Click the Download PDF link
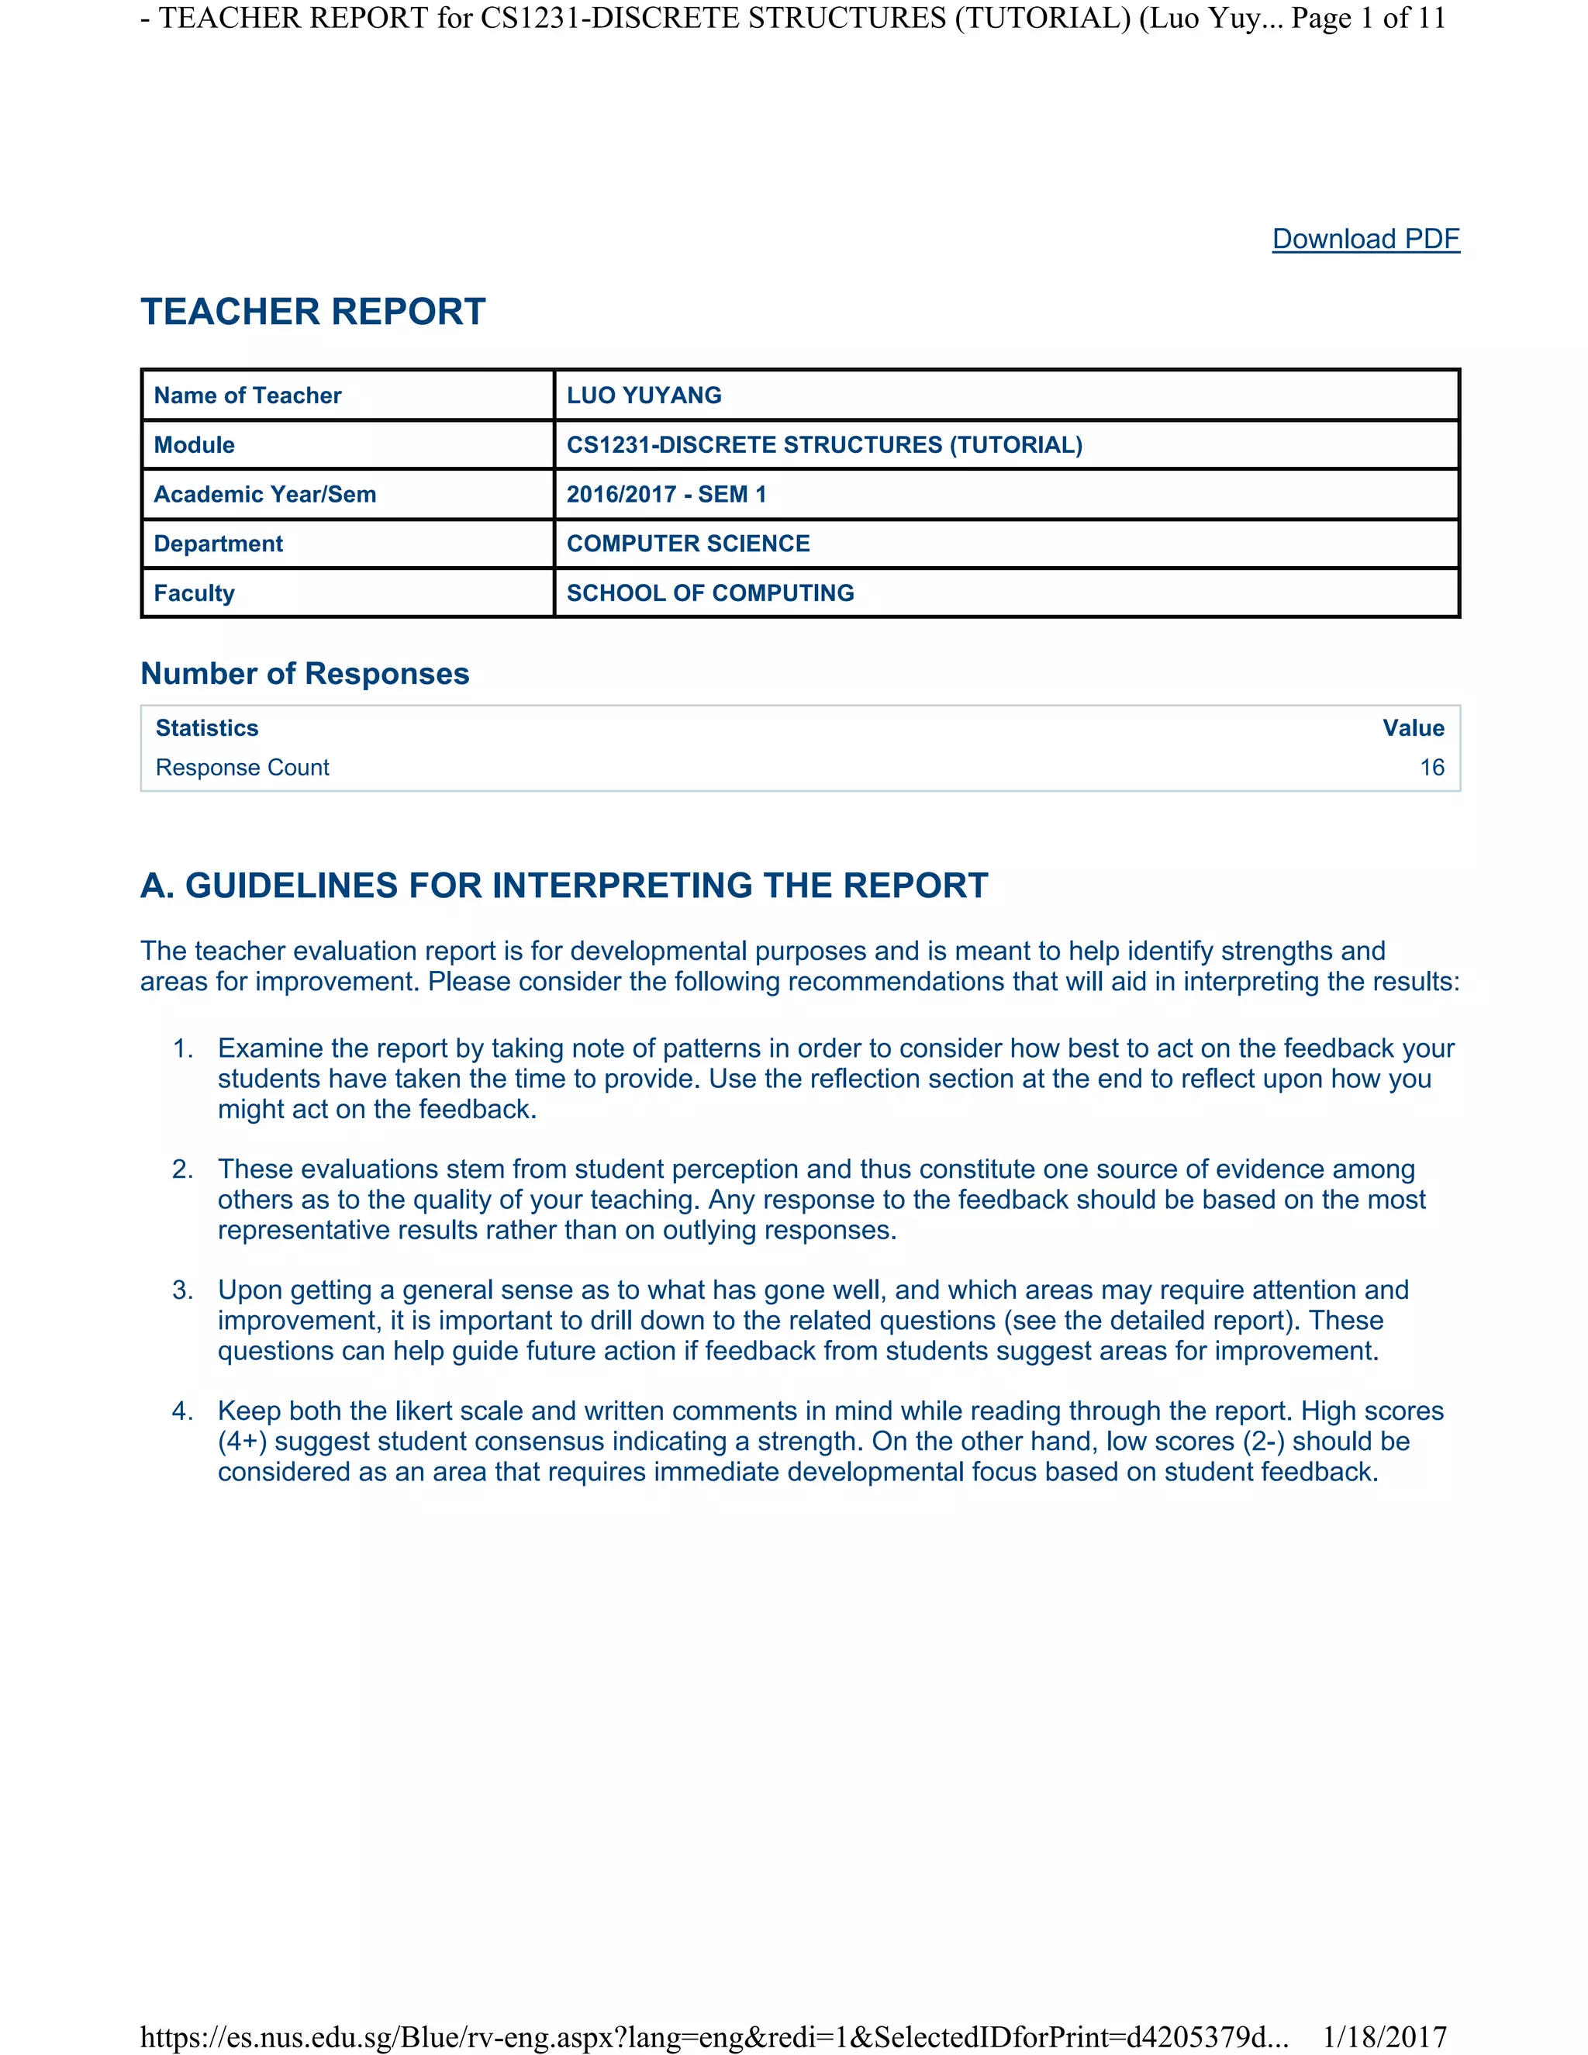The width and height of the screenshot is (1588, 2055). coord(1365,239)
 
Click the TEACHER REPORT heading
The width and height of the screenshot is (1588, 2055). coord(313,312)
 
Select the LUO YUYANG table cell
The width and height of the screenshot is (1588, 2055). coord(644,395)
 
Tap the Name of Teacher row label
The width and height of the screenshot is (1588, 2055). coord(247,395)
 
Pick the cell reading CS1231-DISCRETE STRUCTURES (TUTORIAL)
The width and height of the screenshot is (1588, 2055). coord(824,445)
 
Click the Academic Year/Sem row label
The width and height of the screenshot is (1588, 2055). coord(264,494)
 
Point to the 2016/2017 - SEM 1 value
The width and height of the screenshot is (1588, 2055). coord(666,494)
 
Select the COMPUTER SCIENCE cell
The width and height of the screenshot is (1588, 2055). coord(688,544)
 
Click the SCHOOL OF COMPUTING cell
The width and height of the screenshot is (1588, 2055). coord(710,592)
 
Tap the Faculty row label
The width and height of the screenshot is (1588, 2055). coord(194,592)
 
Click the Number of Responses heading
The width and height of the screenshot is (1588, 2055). coord(305,674)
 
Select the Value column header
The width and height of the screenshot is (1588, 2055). coord(1413,728)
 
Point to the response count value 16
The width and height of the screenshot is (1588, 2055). coord(1432,768)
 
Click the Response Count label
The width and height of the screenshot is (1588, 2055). coord(242,768)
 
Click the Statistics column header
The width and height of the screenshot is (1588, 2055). coord(207,728)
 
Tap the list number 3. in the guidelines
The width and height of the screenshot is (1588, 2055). coord(182,1290)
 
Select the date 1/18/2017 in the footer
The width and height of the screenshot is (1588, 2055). coord(1384,2037)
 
